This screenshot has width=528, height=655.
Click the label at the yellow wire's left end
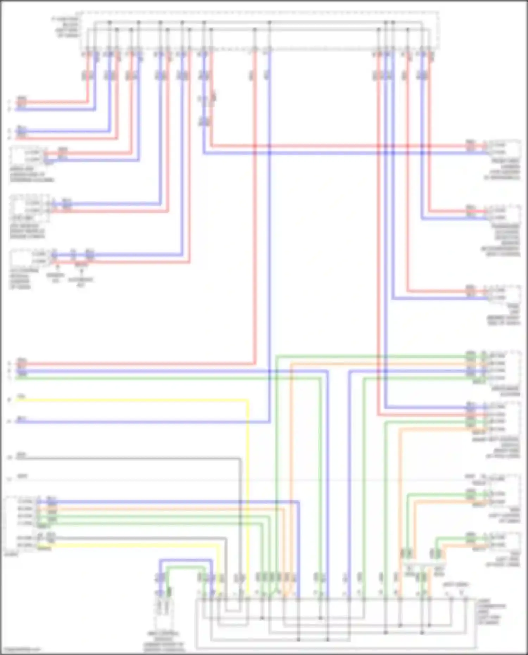click(21, 397)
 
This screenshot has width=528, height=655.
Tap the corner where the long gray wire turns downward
click(240, 459)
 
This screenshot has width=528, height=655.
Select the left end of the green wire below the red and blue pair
click(17, 378)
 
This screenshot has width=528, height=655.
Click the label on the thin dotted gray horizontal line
click(22, 477)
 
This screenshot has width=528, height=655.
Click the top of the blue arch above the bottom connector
click(186, 560)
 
